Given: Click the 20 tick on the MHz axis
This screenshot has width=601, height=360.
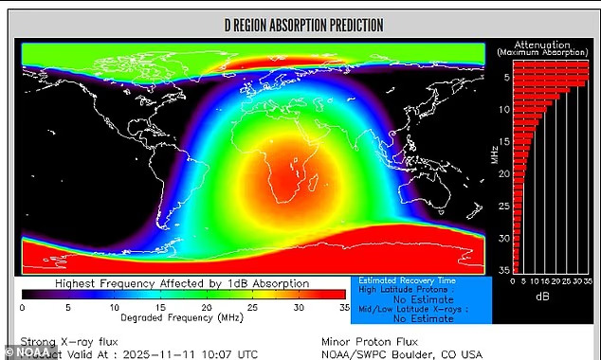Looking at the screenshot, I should (502, 173).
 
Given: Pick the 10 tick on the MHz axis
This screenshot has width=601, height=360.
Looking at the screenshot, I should (502, 110).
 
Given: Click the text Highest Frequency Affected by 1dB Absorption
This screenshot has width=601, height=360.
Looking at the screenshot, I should (181, 283).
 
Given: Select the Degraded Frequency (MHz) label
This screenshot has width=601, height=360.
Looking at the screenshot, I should (182, 318).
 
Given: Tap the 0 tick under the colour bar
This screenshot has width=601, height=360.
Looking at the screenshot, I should (23, 307).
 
